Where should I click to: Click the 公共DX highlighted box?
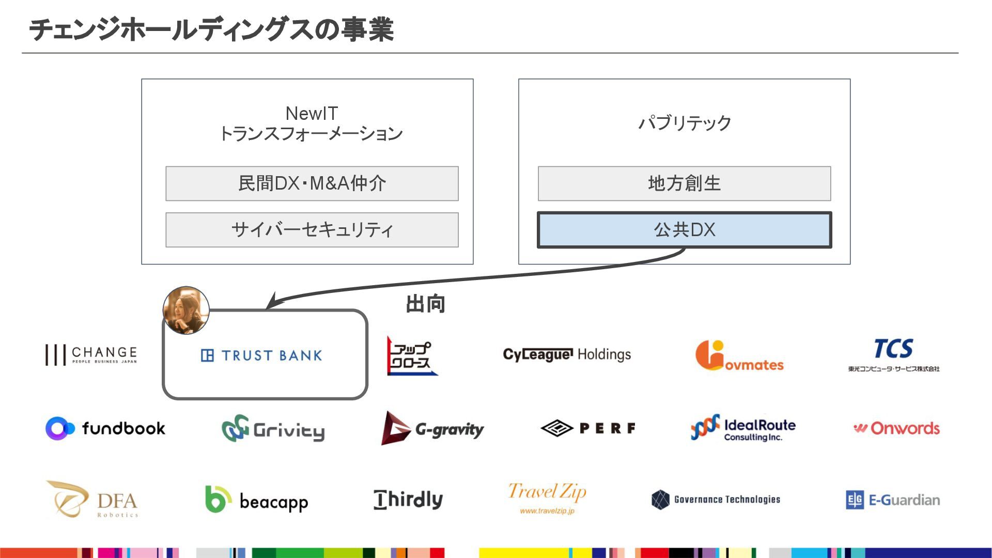coord(684,230)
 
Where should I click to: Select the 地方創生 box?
coord(684,183)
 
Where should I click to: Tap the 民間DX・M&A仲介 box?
coord(312,183)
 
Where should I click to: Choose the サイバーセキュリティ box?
coord(312,230)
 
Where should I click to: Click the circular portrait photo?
coord(186,310)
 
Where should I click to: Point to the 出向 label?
coord(425,304)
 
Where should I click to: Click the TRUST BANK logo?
coord(261,355)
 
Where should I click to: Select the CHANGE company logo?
coord(91,355)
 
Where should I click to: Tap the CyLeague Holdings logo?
coord(567,354)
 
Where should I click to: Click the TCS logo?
coord(893,354)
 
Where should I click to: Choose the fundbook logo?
coord(105,428)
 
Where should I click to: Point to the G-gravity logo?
coord(432,428)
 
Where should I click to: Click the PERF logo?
coord(588,428)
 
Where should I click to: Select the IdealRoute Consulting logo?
coord(743,428)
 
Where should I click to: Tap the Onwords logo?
coord(896,428)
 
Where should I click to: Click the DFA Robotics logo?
coord(94,499)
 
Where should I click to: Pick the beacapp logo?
coord(256,500)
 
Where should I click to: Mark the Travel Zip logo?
coord(547,498)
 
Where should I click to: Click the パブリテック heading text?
coord(685,123)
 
